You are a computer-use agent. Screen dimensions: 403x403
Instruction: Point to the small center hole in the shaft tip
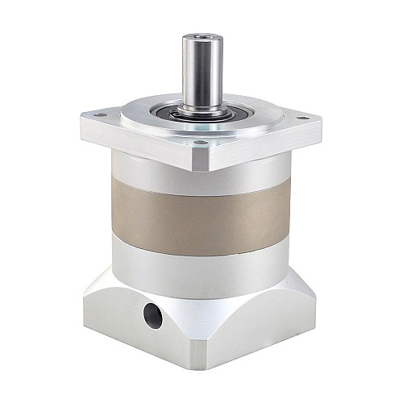pos(197,37)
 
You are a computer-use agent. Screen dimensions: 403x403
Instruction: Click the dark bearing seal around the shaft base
pos(197,113)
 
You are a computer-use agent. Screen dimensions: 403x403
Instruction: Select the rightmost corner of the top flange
pos(322,125)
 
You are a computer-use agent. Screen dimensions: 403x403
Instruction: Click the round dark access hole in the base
pos(152,316)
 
